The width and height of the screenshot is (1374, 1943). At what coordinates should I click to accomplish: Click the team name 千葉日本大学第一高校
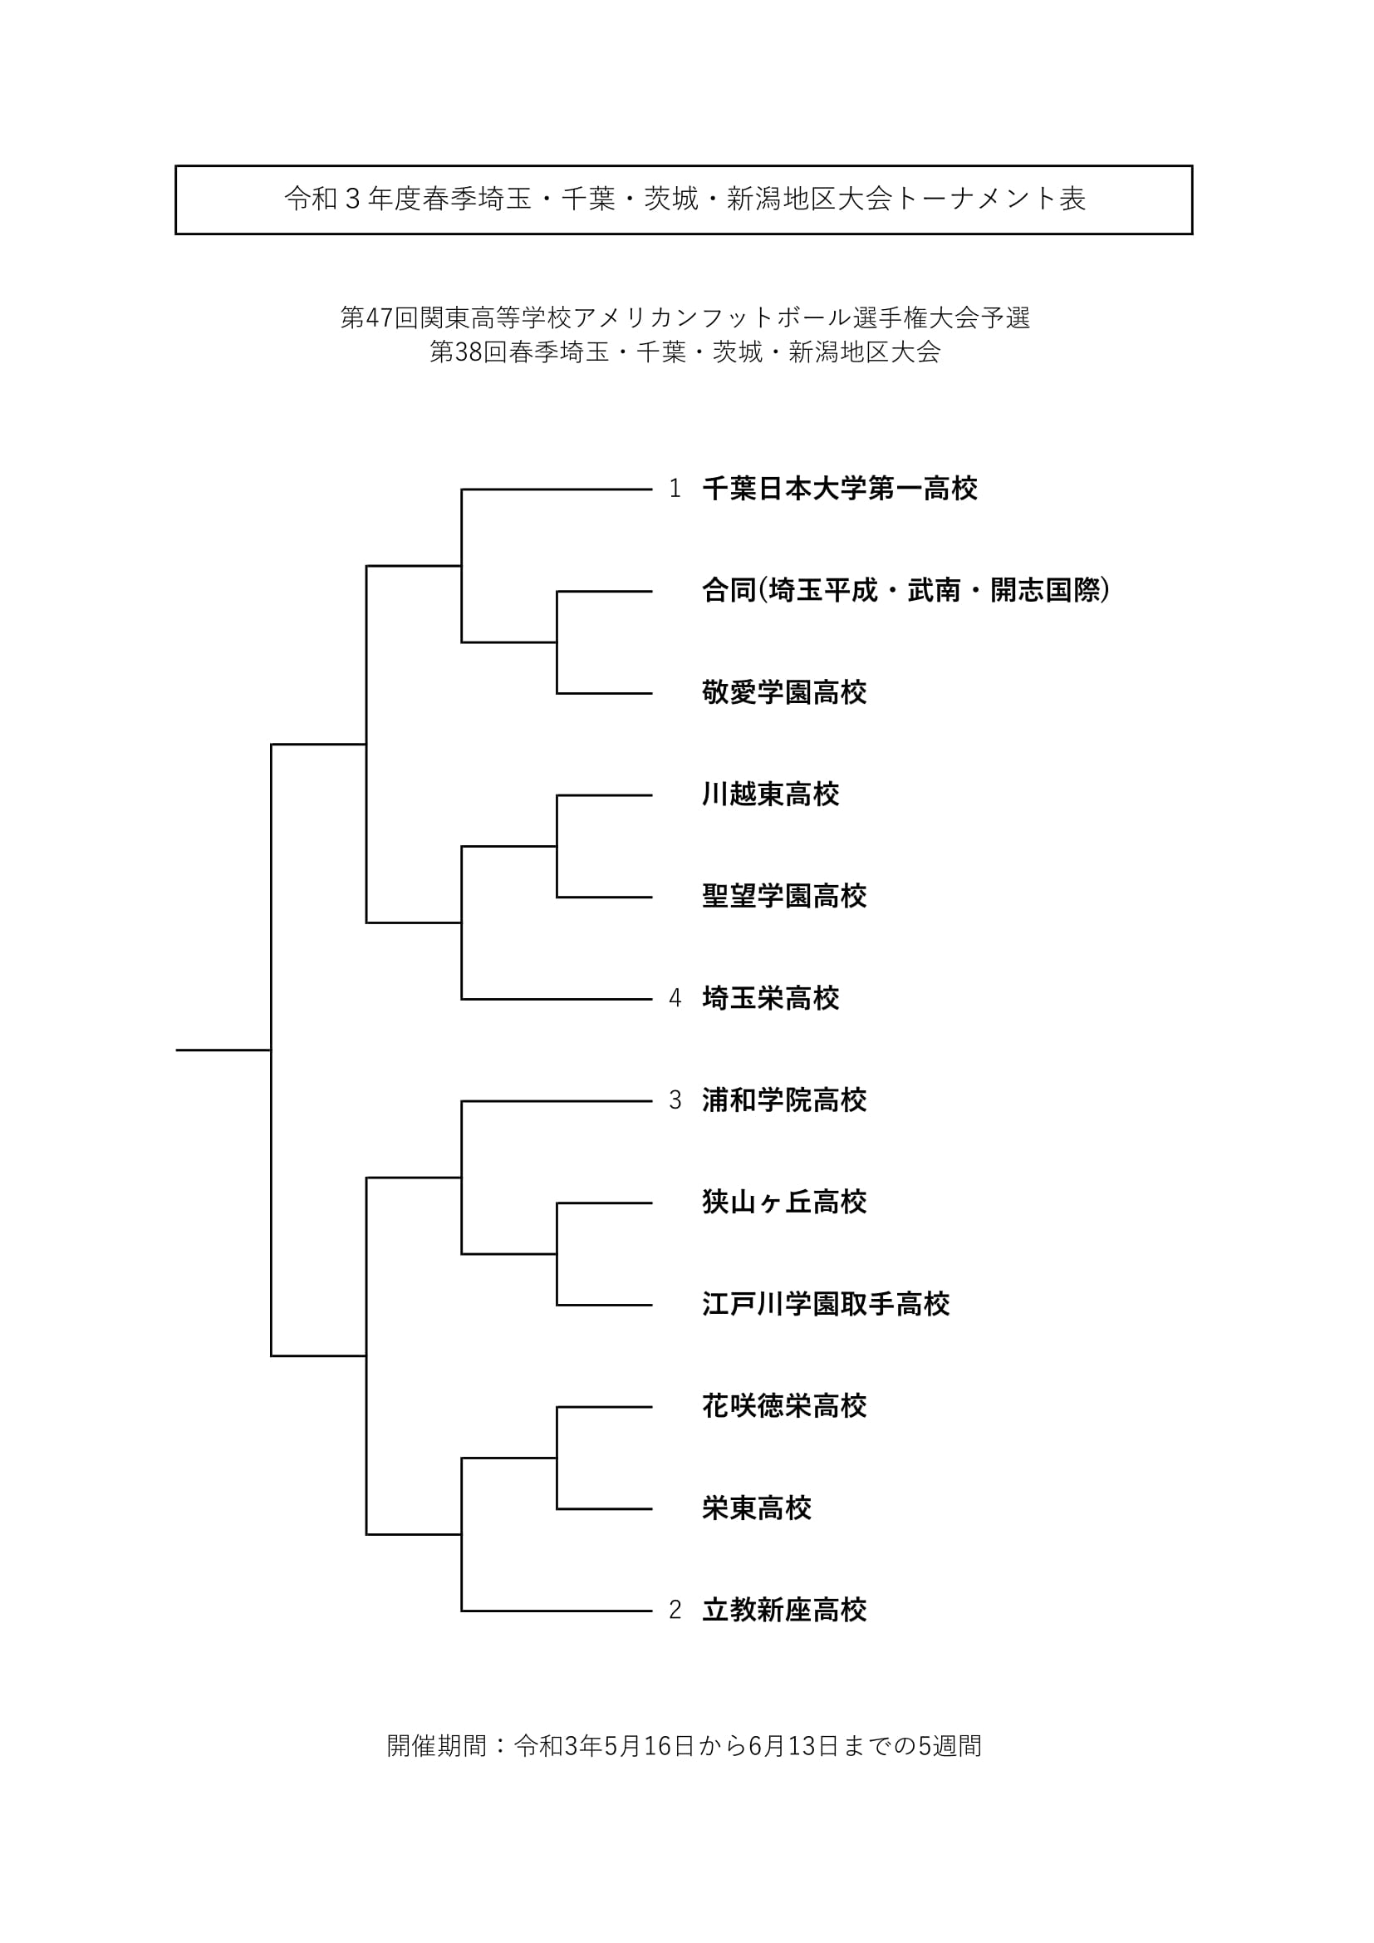pyautogui.click(x=839, y=489)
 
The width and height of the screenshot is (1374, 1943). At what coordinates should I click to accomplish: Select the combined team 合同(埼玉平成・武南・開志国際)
pyautogui.click(x=905, y=591)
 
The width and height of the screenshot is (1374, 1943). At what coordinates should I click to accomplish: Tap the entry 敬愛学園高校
pyautogui.click(x=784, y=693)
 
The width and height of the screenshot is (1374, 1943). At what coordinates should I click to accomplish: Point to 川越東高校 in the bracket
pyautogui.click(x=771, y=794)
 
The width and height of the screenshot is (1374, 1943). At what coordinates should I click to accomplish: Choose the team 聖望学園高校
pyautogui.click(x=784, y=896)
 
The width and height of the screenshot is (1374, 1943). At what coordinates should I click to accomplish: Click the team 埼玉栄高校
pyautogui.click(x=771, y=999)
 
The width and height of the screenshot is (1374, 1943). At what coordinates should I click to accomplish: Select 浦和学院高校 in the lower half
pyautogui.click(x=784, y=1100)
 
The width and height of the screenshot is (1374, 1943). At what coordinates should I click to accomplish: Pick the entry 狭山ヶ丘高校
pyautogui.click(x=784, y=1203)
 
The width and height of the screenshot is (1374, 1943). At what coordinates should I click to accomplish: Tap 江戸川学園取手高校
pyautogui.click(x=826, y=1304)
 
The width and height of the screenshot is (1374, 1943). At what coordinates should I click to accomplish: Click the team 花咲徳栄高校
pyautogui.click(x=784, y=1406)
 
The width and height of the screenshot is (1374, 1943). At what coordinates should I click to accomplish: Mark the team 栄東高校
pyautogui.click(x=757, y=1508)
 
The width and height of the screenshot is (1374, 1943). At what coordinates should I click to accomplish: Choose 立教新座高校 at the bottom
pyautogui.click(x=784, y=1611)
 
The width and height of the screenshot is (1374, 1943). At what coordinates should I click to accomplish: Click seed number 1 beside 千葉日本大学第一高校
pyautogui.click(x=675, y=489)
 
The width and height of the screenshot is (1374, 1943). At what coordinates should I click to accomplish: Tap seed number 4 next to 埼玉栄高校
pyautogui.click(x=675, y=999)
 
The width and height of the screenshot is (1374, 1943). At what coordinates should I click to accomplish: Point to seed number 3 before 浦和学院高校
pyautogui.click(x=675, y=1100)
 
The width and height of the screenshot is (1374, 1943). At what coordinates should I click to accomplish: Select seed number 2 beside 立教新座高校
pyautogui.click(x=675, y=1611)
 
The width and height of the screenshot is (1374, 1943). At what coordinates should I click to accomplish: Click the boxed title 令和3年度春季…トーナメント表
pyautogui.click(x=685, y=199)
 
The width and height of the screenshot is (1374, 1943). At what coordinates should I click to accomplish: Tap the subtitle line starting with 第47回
pyautogui.click(x=685, y=318)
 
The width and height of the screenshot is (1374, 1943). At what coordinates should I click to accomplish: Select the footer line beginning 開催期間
pyautogui.click(x=685, y=1746)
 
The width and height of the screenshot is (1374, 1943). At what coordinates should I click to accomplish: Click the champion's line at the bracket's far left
pyautogui.click(x=223, y=1050)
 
